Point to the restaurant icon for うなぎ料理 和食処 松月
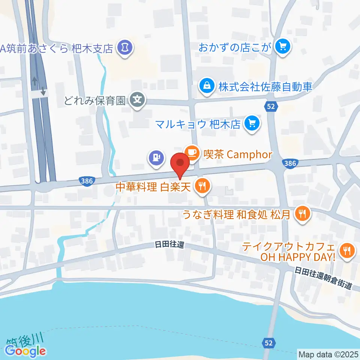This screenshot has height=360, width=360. tap(303, 214)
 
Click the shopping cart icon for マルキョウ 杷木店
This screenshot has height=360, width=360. tap(251, 123)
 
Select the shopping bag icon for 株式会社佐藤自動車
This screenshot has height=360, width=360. tap(207, 86)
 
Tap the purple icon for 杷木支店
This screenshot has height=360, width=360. tap(124, 48)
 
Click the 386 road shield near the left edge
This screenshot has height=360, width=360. tap(87, 181)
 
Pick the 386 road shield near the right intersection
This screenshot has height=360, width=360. tap(291, 163)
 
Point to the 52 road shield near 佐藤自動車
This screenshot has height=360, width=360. tap(271, 107)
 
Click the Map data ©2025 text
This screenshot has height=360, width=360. tap(328, 354)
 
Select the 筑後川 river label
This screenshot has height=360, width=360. tap(25, 339)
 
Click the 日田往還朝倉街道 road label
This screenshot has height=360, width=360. tap(323, 278)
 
